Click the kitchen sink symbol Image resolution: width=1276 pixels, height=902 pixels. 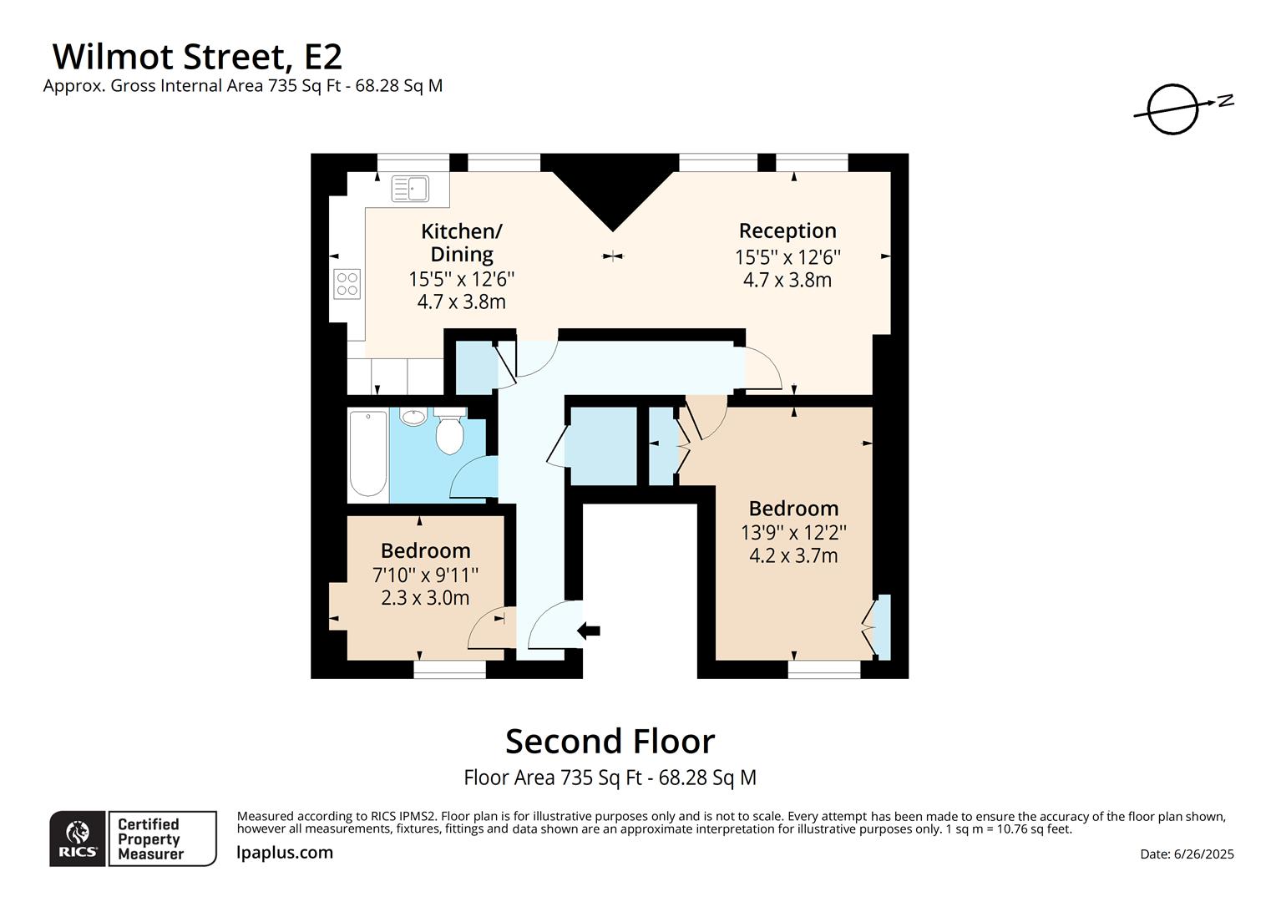(x=410, y=189)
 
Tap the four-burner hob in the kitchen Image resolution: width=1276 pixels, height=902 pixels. (x=347, y=284)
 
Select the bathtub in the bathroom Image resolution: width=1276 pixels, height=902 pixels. (x=367, y=454)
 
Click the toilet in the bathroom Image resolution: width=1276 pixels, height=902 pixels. (x=449, y=432)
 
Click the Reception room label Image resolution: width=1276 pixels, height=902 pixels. (x=787, y=231)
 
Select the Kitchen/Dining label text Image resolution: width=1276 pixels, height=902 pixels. (x=461, y=242)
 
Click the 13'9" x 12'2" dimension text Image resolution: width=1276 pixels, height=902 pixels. (x=793, y=532)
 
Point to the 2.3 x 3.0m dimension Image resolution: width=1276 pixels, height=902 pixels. (x=425, y=598)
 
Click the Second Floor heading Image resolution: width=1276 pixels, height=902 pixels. (x=610, y=742)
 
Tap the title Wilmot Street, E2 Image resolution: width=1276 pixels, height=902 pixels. (x=197, y=57)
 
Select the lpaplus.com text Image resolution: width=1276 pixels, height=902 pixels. (x=285, y=853)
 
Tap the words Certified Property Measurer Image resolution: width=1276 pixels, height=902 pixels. (x=149, y=839)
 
